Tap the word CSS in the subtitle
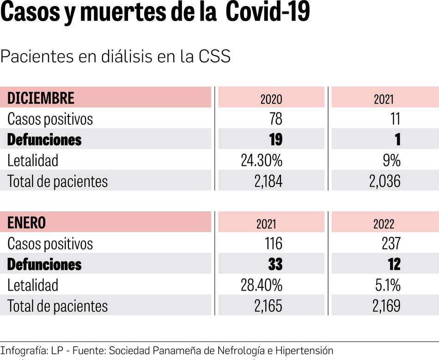pos(214,56)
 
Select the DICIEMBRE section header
pos(41,98)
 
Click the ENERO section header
pos(27,223)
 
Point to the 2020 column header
pos(271,99)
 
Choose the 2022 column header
pos(384,224)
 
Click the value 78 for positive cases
pos(275,119)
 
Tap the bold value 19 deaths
pos(275,140)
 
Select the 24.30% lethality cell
pos(262,160)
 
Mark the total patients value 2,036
pos(384,181)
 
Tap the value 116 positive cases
pos(273,244)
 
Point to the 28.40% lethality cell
pos(262,285)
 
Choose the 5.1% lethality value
pos(388,285)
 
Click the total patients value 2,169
pos(384,306)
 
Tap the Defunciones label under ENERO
pos(44,264)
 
